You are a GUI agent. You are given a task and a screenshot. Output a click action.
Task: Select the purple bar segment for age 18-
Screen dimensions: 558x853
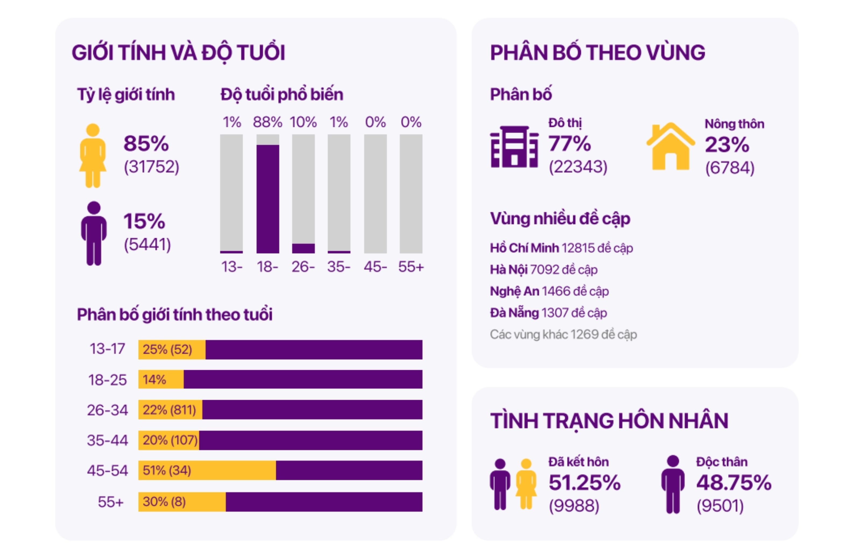(x=267, y=199)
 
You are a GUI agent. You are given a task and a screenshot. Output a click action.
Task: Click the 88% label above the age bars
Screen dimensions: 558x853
(x=267, y=122)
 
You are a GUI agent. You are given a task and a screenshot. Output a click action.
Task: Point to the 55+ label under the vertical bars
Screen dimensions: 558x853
(x=411, y=267)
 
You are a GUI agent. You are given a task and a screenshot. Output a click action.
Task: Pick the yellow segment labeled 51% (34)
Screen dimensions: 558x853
(x=207, y=470)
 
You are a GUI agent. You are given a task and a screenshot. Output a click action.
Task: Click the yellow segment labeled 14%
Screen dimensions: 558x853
(x=161, y=379)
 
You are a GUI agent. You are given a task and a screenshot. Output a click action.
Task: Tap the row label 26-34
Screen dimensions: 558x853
(x=107, y=410)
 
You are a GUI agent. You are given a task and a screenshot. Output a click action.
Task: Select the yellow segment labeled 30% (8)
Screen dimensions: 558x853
(x=182, y=502)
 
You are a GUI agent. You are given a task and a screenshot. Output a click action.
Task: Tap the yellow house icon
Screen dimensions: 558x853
(x=670, y=146)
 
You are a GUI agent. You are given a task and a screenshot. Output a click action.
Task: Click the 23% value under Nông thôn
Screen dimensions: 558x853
(x=727, y=145)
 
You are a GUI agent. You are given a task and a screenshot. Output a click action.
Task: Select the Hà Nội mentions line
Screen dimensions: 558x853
(x=543, y=270)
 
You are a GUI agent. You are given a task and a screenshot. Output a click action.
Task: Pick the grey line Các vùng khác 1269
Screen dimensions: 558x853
(x=563, y=334)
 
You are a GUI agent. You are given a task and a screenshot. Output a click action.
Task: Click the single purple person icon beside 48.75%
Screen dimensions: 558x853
(x=673, y=484)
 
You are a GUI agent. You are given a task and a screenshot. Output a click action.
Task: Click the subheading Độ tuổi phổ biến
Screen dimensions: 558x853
(x=282, y=95)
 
